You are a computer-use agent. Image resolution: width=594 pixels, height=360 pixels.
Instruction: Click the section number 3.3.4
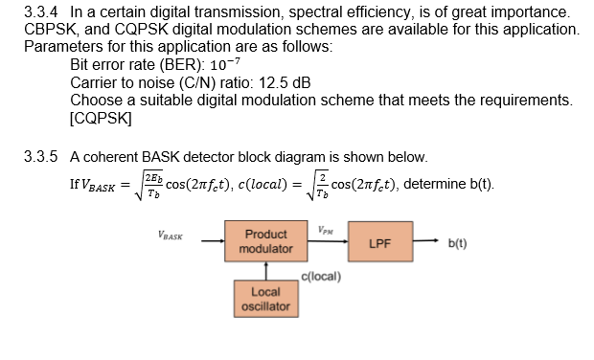click(42, 12)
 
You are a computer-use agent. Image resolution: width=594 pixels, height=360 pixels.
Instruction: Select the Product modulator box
click(265, 241)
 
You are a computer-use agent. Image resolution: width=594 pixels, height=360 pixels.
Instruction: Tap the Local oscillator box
click(265, 299)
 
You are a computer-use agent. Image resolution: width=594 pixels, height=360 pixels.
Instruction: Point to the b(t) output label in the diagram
click(458, 243)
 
